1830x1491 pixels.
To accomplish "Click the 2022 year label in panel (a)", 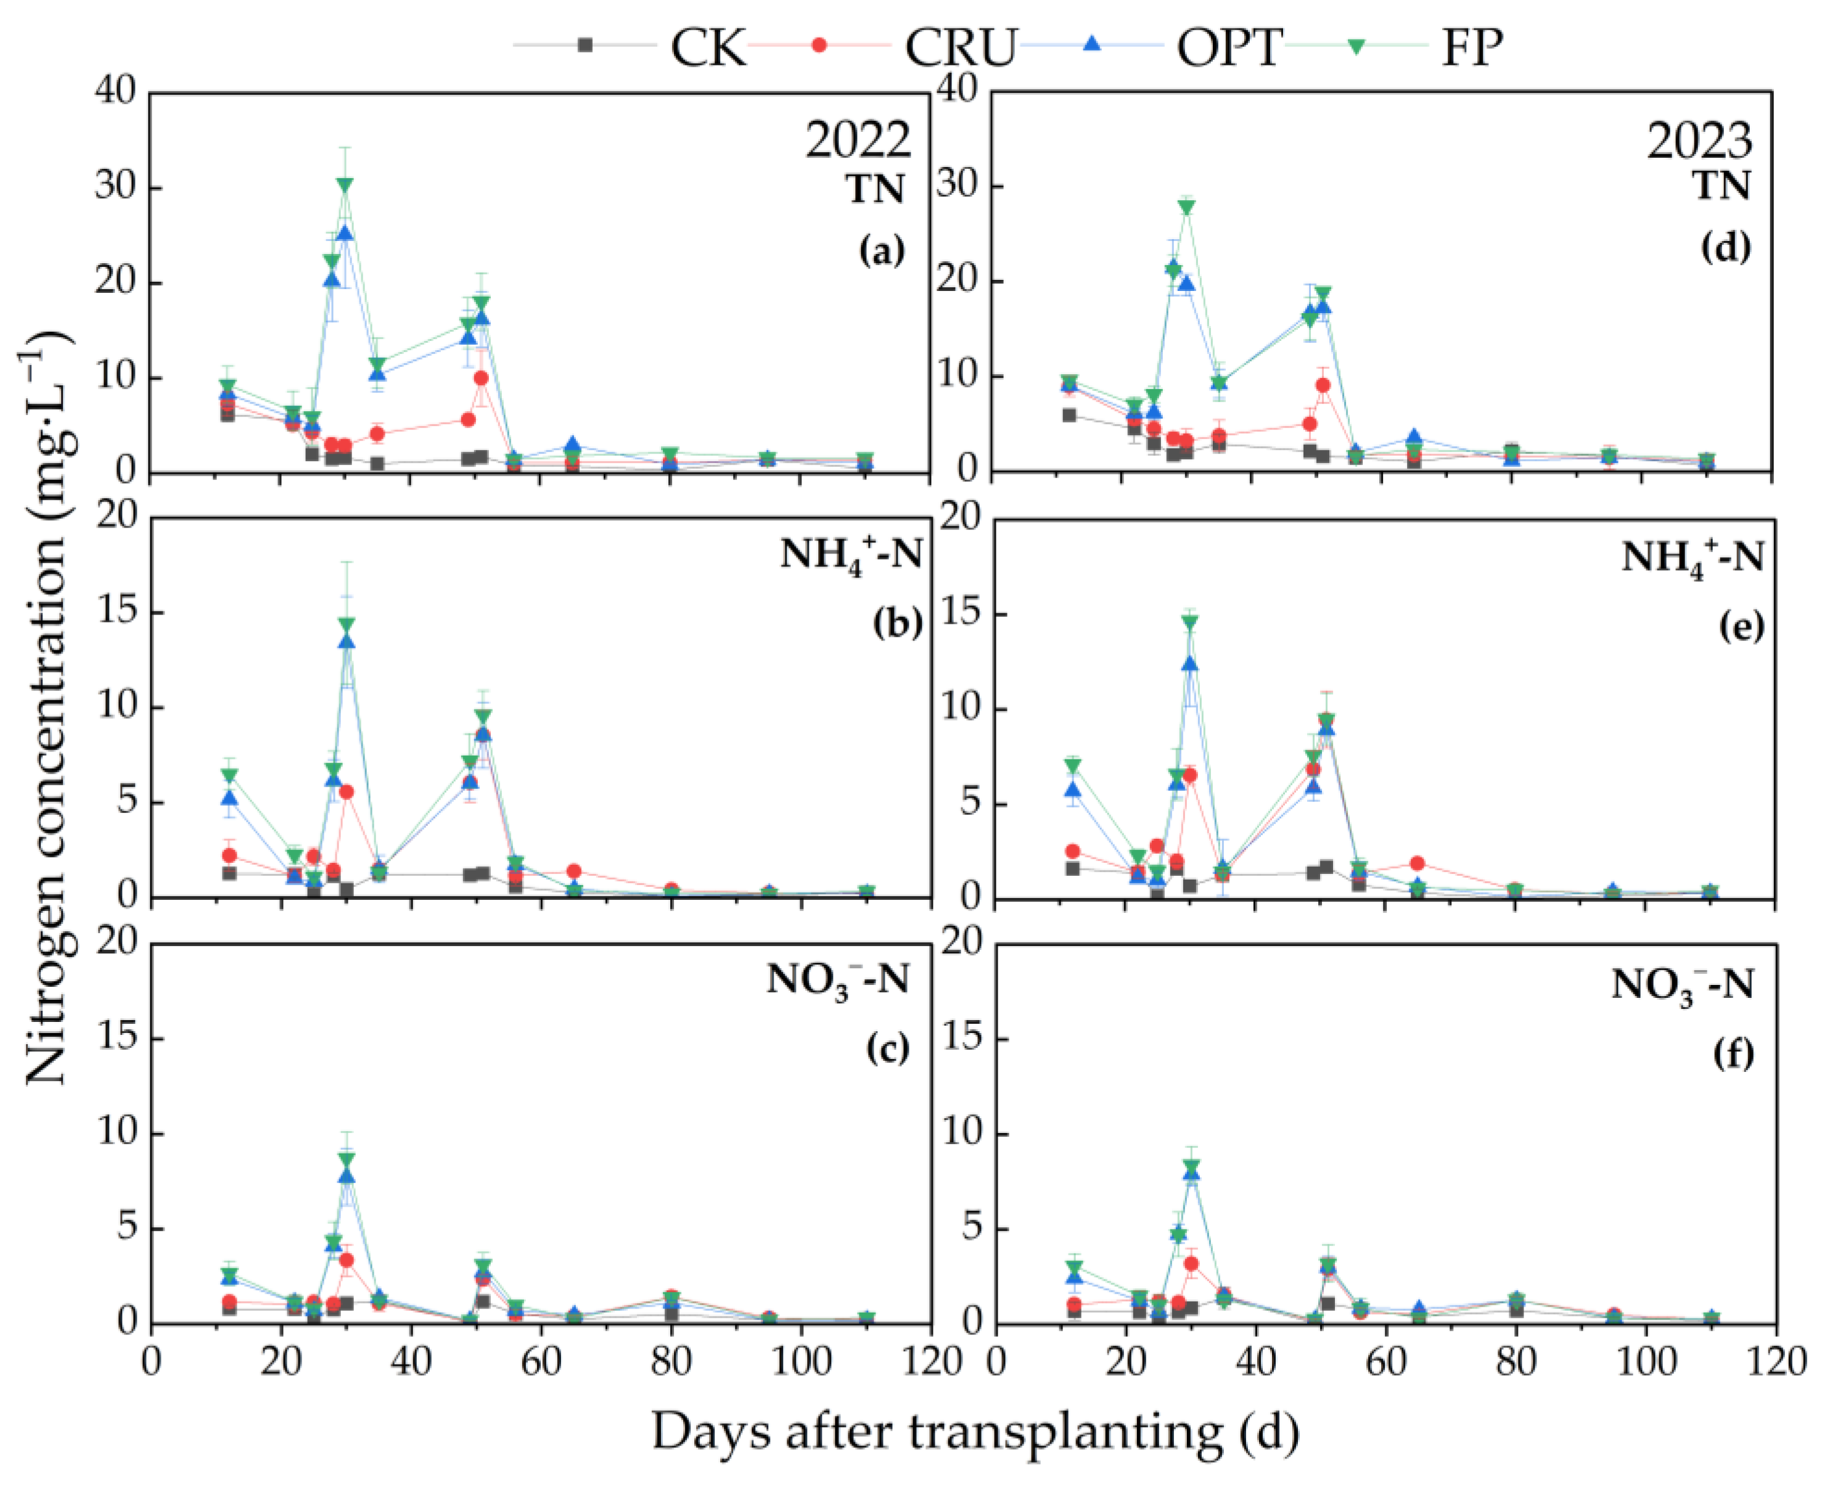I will pyautogui.click(x=856, y=139).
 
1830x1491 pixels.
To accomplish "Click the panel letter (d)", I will pyautogui.click(x=1725, y=247).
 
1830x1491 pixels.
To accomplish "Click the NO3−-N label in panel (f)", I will pyautogui.click(x=1681, y=985).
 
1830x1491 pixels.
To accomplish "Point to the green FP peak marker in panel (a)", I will pyautogui.click(x=345, y=185).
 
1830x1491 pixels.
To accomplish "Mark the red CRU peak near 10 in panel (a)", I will pyautogui.click(x=481, y=378).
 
